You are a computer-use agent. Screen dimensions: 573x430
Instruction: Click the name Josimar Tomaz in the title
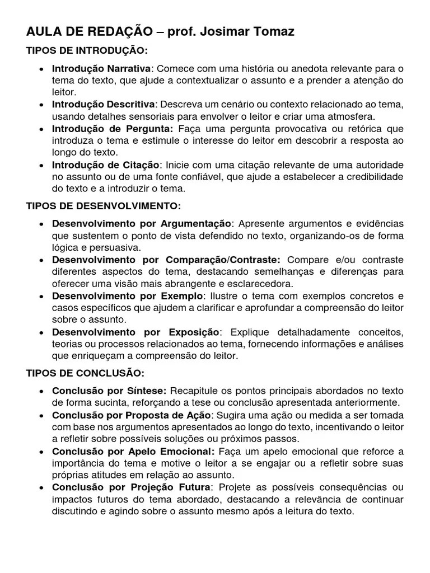click(x=250, y=33)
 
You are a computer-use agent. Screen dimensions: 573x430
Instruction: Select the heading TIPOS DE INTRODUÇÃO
click(x=87, y=51)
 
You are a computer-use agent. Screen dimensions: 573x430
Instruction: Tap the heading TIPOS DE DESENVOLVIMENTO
click(x=104, y=206)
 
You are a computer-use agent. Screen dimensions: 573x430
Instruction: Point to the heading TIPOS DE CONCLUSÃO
click(x=85, y=373)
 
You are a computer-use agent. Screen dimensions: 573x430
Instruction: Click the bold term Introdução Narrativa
click(x=101, y=68)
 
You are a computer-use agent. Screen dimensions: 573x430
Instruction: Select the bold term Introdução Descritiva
click(x=103, y=105)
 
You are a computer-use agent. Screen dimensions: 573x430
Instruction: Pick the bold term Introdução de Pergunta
click(x=112, y=129)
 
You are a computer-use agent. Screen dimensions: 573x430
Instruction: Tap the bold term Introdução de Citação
click(x=106, y=165)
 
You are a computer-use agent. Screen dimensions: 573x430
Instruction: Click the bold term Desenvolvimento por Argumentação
click(x=141, y=223)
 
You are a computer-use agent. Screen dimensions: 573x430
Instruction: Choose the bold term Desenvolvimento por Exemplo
click(x=127, y=295)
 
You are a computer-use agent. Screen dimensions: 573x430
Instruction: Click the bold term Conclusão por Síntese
click(x=109, y=391)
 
